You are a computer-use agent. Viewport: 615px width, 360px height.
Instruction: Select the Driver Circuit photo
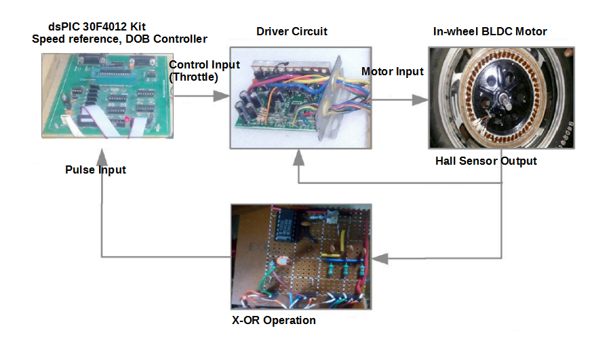coord(300,97)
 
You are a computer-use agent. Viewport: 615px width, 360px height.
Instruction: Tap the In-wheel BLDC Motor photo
coord(501,97)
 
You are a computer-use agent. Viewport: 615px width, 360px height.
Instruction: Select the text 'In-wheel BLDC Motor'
coord(490,32)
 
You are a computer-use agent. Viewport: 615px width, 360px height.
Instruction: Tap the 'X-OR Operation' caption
coord(273,320)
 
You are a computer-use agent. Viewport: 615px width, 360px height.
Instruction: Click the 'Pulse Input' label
coord(96,169)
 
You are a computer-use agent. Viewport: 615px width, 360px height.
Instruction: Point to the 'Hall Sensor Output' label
coord(486,161)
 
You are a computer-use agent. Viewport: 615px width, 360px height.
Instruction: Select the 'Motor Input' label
coord(392,72)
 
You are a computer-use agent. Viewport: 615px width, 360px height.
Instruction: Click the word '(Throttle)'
coord(194,77)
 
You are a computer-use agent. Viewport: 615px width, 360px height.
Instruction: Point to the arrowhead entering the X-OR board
coord(380,258)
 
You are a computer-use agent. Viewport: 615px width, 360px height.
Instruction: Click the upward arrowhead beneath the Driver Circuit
coord(298,158)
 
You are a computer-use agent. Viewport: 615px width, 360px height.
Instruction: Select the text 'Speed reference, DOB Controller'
coord(119,39)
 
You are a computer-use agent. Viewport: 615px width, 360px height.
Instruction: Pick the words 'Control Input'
coord(204,65)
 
